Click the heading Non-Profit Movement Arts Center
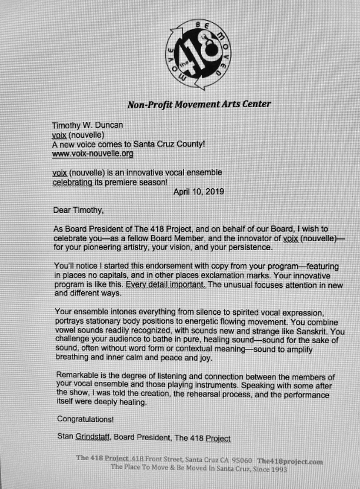click(x=199, y=105)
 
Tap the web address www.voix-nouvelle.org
click(x=93, y=154)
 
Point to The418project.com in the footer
click(x=290, y=461)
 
